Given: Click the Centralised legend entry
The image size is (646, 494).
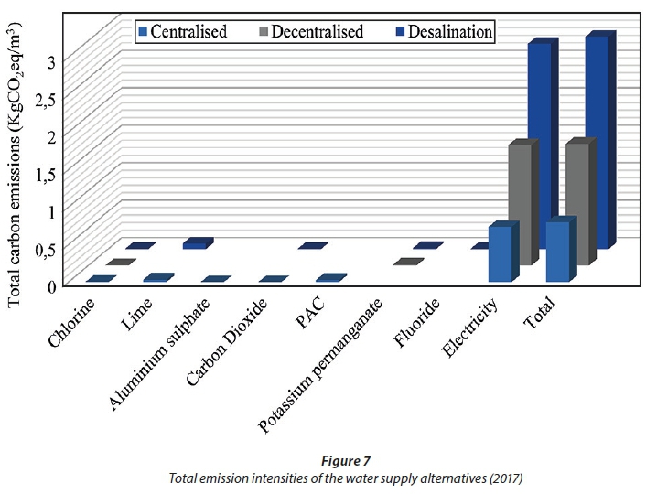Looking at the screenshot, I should coord(181,31).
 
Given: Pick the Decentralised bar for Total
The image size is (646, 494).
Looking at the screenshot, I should coord(577,201).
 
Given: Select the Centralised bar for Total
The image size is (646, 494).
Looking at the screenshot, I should coord(557,251).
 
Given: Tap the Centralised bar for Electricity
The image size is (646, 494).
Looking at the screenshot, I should coord(500,253).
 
